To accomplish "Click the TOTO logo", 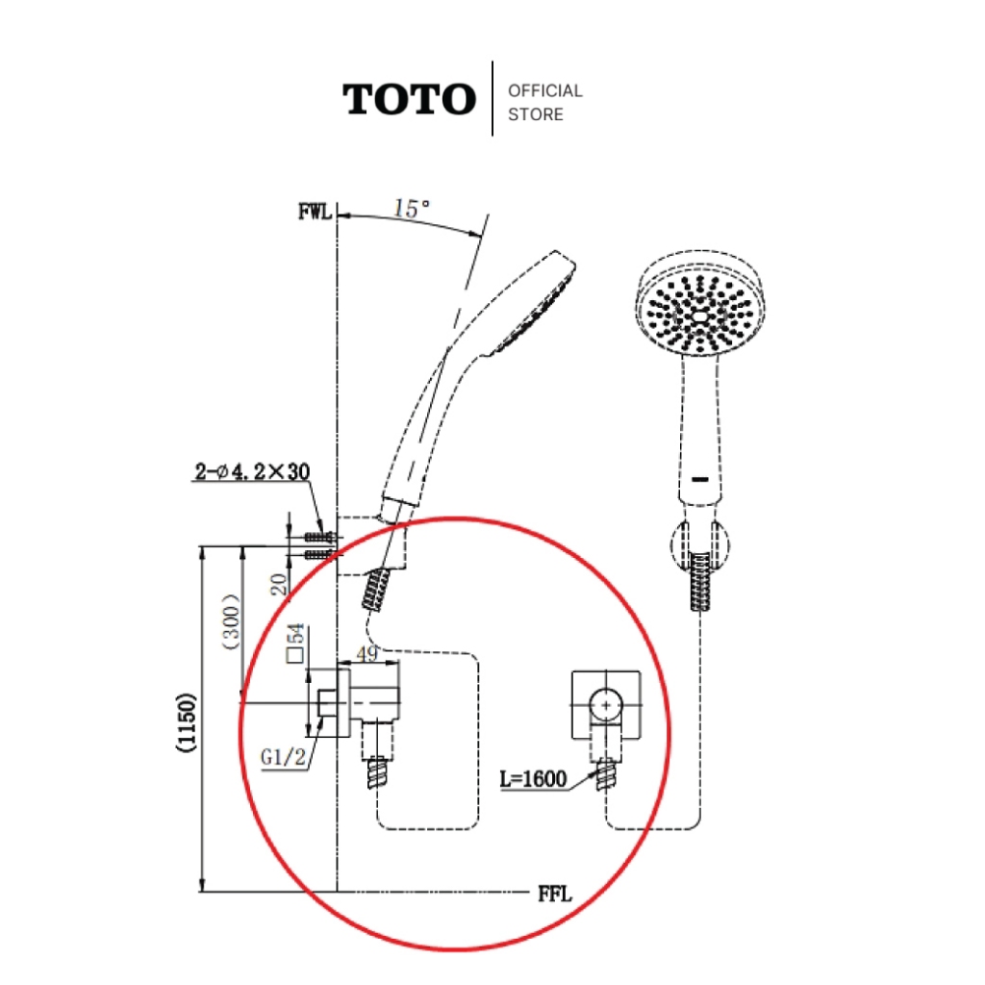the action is pyautogui.click(x=409, y=99).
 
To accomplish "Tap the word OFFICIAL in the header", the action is pyautogui.click(x=545, y=91).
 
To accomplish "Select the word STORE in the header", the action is pyautogui.click(x=535, y=114).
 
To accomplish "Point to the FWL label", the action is pyautogui.click(x=315, y=212).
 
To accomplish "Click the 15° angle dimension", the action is pyautogui.click(x=412, y=209).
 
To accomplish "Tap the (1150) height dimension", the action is pyautogui.click(x=187, y=721).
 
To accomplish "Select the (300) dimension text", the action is pyautogui.click(x=232, y=621).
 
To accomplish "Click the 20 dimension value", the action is pyautogui.click(x=279, y=584).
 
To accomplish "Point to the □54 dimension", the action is pyautogui.click(x=295, y=643).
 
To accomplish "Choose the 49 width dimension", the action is pyautogui.click(x=367, y=653).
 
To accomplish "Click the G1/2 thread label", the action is pyautogui.click(x=284, y=757).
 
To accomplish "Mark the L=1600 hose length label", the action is pyautogui.click(x=533, y=779).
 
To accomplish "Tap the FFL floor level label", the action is pyautogui.click(x=555, y=894).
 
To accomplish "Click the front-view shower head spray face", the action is pyautogui.click(x=700, y=313).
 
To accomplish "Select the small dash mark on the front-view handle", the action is pyautogui.click(x=700, y=479).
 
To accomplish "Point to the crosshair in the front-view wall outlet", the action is pyautogui.click(x=606, y=705).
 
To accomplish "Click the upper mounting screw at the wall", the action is pyautogui.click(x=319, y=537).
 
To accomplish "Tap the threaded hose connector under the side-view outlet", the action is pyautogui.click(x=377, y=773).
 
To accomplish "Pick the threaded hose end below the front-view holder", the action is pyautogui.click(x=700, y=581).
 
